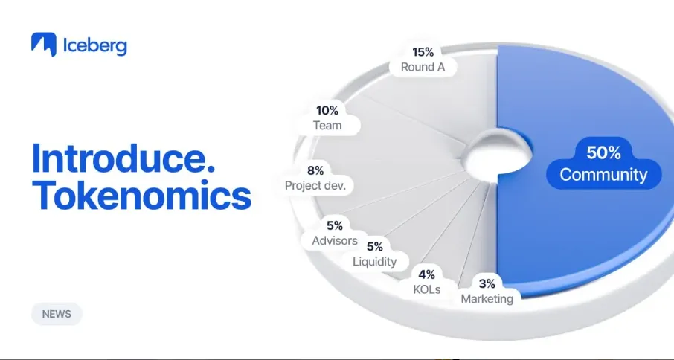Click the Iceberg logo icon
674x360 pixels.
44,45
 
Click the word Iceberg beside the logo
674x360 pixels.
95,45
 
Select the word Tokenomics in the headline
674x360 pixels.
141,195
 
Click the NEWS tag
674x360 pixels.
57,314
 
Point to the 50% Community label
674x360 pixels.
603,164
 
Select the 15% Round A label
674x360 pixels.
423,60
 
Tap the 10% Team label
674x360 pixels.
327,118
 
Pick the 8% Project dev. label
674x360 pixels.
315,178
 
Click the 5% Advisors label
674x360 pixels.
335,233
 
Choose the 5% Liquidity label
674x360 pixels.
374,254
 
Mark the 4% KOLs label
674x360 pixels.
426,281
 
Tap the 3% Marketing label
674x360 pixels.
487,291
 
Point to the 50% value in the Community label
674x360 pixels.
603,152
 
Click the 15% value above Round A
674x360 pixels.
423,52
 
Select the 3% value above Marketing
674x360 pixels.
487,283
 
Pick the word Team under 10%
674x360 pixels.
327,125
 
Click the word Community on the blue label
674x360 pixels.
603,175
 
